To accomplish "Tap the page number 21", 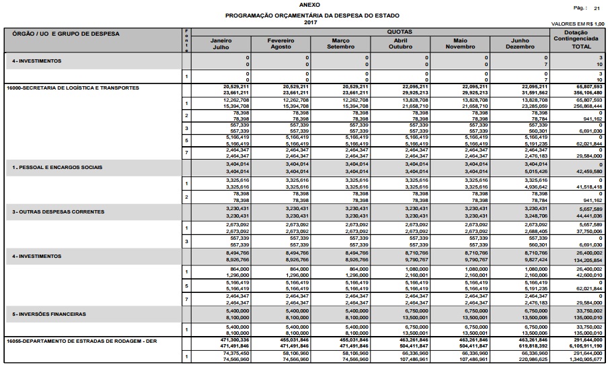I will click(x=596, y=8).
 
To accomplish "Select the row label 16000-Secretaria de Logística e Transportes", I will click(x=72, y=88).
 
